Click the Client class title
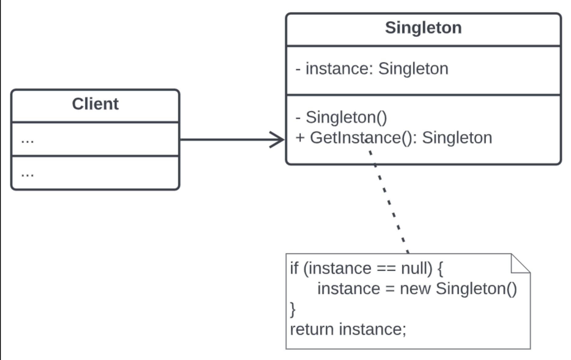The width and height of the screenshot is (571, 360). pos(95,104)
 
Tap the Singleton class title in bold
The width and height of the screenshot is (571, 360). pos(423,28)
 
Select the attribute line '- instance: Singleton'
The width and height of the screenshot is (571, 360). pos(372,68)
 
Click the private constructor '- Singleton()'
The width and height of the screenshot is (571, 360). pos(341,117)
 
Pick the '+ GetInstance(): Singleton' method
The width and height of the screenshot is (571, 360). pos(394,138)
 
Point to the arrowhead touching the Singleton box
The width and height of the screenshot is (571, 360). pos(277,140)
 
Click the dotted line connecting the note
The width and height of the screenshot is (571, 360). pos(389,201)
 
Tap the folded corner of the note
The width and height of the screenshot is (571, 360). pos(521,263)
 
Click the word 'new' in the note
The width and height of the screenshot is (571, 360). pos(415,289)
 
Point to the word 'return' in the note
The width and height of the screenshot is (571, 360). pos(312,329)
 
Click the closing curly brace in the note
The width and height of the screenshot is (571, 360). pos(293,310)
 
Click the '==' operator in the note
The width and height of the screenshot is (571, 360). pos(386,269)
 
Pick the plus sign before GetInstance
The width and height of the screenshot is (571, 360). pos(300,138)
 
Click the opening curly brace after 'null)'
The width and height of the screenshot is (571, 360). pos(440,269)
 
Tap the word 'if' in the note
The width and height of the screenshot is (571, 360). pos(294,268)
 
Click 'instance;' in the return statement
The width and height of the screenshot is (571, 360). pos(373,329)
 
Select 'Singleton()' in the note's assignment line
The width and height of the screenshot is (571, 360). pos(476,289)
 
